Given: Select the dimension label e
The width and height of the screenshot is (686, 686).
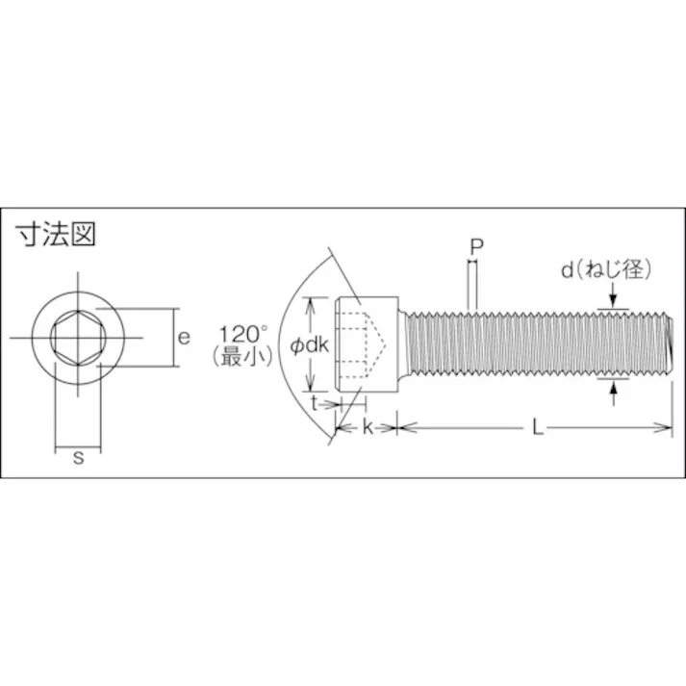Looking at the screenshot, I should coord(184,337).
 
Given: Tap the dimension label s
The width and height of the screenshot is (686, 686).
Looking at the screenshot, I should coord(79,458).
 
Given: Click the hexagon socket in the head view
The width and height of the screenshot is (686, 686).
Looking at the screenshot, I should coord(78,339).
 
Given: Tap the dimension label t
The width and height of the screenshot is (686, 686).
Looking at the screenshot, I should coord(315,404).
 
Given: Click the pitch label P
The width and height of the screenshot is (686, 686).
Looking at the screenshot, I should coord(475,246).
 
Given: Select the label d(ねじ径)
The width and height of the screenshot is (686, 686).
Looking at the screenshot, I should coord(606,272).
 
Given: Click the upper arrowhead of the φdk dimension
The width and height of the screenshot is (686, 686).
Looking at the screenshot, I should coord(311,303).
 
